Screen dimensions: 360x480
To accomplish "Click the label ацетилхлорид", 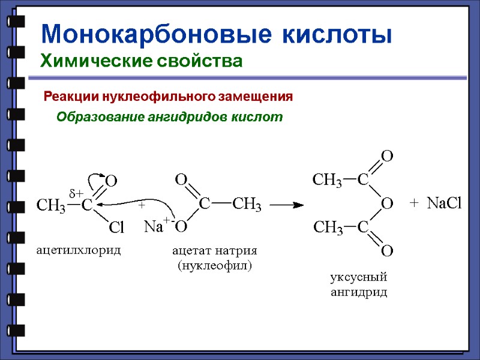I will (79, 250).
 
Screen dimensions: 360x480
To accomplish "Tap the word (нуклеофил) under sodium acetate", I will (214, 265).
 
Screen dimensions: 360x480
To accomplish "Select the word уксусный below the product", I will (359, 278).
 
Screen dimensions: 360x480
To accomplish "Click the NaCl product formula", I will (445, 204).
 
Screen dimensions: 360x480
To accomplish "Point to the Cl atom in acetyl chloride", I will (116, 227).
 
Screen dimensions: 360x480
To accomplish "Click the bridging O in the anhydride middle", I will (387, 204).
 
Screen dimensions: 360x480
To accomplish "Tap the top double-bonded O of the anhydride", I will (387, 157).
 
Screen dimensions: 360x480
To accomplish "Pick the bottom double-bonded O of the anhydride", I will (387, 250).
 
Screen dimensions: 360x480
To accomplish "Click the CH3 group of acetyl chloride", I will (52, 206).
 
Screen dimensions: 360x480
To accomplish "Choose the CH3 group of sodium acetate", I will (247, 205).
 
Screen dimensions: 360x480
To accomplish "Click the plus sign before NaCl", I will (413, 204).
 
